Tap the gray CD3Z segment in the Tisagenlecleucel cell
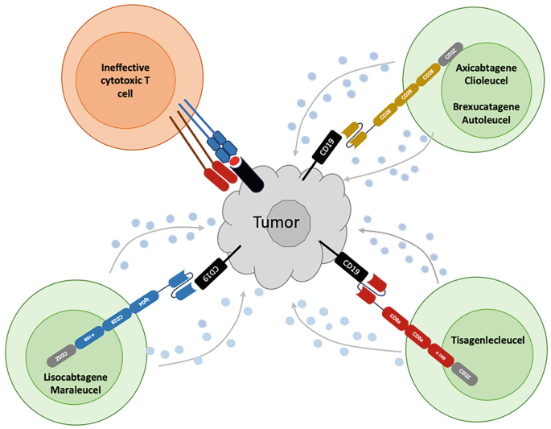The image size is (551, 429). tap(463, 371)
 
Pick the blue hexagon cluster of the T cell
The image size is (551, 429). tap(220, 145)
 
